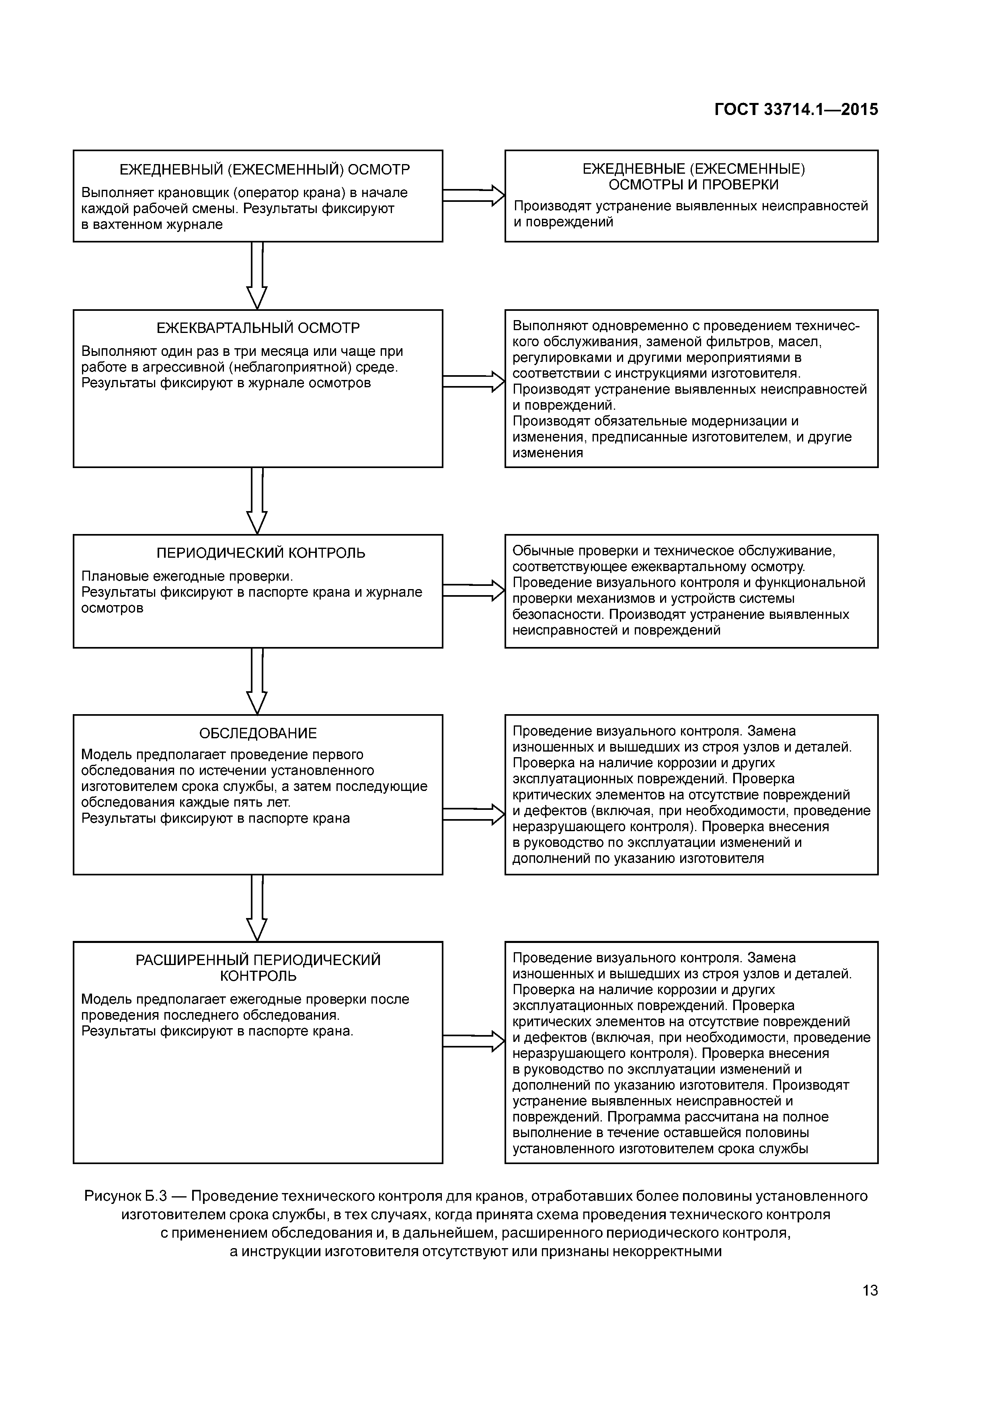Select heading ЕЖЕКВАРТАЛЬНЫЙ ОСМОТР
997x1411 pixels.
tap(258, 328)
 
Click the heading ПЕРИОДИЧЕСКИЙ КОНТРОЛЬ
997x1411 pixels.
tap(261, 553)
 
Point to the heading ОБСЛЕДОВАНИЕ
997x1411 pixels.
tap(258, 733)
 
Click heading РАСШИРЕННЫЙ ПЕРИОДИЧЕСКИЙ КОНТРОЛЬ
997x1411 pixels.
tap(258, 968)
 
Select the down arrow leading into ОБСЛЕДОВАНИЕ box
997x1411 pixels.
tap(257, 681)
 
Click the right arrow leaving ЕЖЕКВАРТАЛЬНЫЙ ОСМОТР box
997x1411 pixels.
tap(473, 382)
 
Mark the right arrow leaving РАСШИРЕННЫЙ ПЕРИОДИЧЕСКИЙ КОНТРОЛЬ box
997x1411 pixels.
tap(473, 1041)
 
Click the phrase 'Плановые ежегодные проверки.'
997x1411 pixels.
tap(187, 577)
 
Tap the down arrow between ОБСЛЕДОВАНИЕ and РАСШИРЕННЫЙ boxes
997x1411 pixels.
tap(257, 908)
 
